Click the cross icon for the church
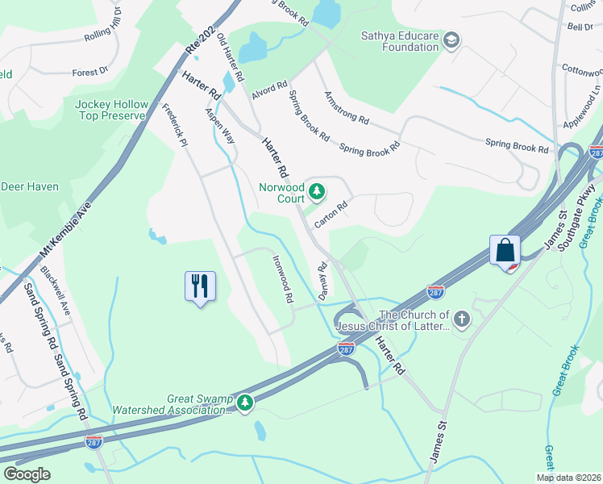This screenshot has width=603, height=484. tap(461, 319)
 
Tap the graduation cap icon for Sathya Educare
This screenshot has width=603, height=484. tap(451, 40)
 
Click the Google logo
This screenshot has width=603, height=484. tap(27, 474)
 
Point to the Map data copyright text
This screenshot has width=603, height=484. tap(568, 478)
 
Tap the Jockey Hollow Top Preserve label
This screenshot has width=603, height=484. tap(112, 111)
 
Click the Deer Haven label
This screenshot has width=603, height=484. tap(29, 186)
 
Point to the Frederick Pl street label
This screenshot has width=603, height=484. tap(174, 125)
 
